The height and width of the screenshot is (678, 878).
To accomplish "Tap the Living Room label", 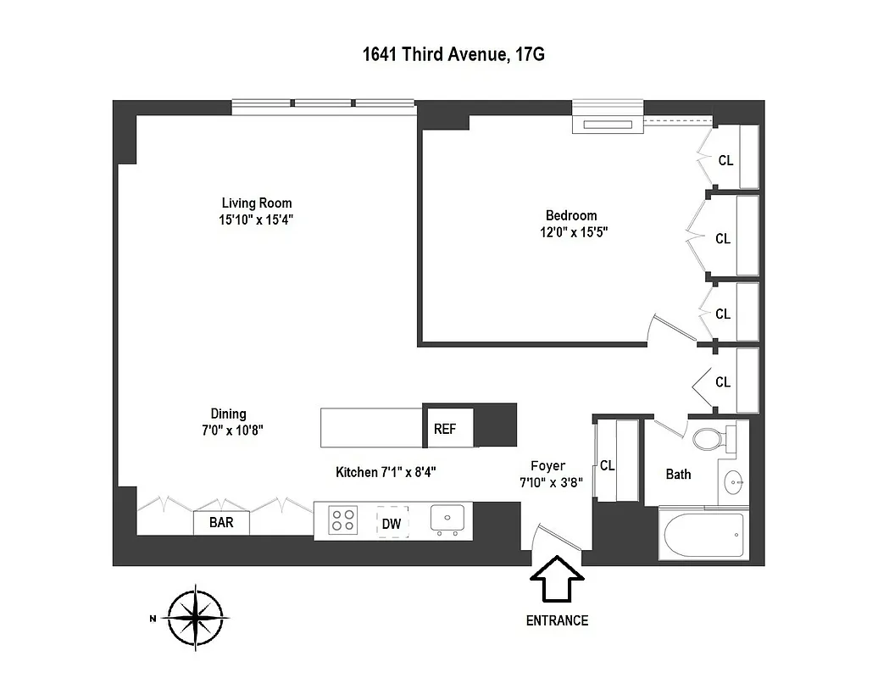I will [257, 203].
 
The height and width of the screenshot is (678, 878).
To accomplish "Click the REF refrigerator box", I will [446, 429].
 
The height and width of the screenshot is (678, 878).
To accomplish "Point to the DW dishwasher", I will [391, 524].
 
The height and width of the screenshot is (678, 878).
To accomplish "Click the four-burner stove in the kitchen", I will [342, 520].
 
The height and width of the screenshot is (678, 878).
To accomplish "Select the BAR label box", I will [221, 523].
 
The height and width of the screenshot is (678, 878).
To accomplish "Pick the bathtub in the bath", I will [703, 536].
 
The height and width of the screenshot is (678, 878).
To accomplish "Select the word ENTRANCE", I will [557, 620].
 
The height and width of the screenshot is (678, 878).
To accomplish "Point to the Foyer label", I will [547, 465].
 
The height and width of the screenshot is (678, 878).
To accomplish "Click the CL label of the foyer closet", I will [608, 465].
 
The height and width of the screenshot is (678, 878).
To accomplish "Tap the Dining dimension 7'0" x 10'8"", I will [228, 430].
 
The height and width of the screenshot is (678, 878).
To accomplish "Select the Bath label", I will [678, 475].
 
